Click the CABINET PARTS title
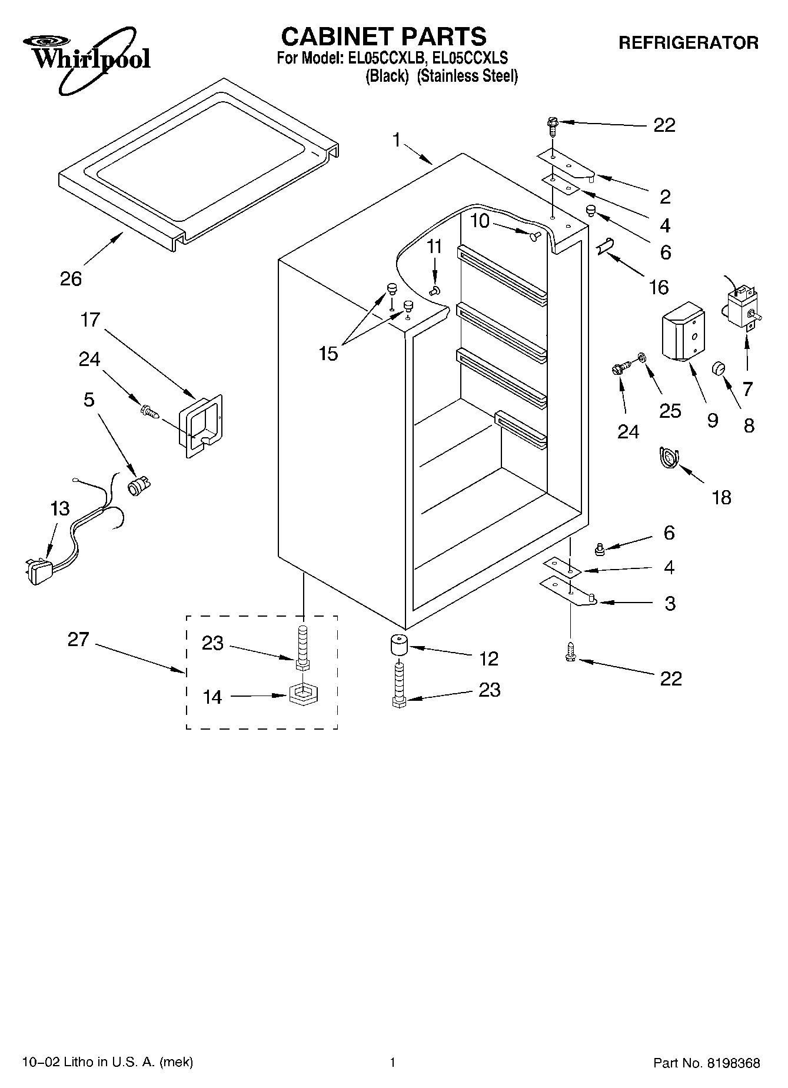coord(384,36)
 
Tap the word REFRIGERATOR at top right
coord(688,43)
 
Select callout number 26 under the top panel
coord(71,278)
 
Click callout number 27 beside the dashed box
coord(78,640)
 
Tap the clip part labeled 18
coord(669,458)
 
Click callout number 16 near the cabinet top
coord(659,287)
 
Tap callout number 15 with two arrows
coord(328,354)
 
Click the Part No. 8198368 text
coord(706,1063)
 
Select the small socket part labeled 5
coord(139,487)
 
